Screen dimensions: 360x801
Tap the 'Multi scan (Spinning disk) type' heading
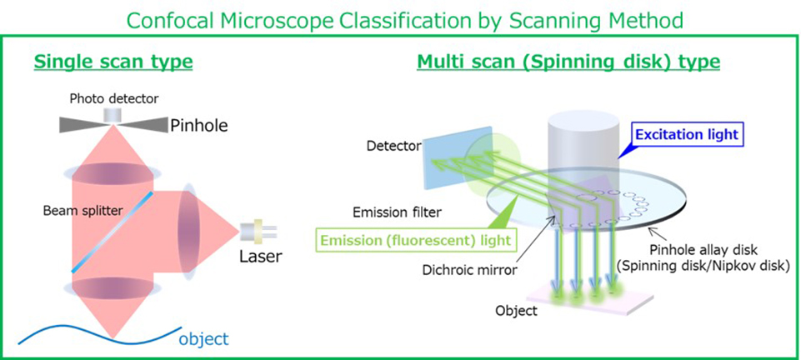click(x=568, y=62)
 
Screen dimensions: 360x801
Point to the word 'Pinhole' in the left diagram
click(x=198, y=127)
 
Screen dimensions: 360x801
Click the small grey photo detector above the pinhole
click(x=113, y=113)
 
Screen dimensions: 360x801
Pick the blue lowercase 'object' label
click(x=203, y=338)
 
